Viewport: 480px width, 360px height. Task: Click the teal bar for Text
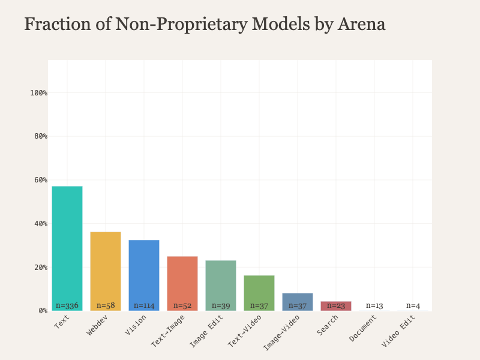67,246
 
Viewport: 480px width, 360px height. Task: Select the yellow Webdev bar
106,270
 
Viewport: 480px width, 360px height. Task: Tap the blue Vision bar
144,273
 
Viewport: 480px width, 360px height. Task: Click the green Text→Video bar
259,290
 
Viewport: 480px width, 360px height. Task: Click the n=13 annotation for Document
374,305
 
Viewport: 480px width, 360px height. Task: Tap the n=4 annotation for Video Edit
413,305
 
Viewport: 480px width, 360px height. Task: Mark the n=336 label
67,305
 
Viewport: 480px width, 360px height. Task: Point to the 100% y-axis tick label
38,93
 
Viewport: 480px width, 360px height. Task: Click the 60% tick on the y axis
40,180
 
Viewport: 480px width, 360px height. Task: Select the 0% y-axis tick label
43,311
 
